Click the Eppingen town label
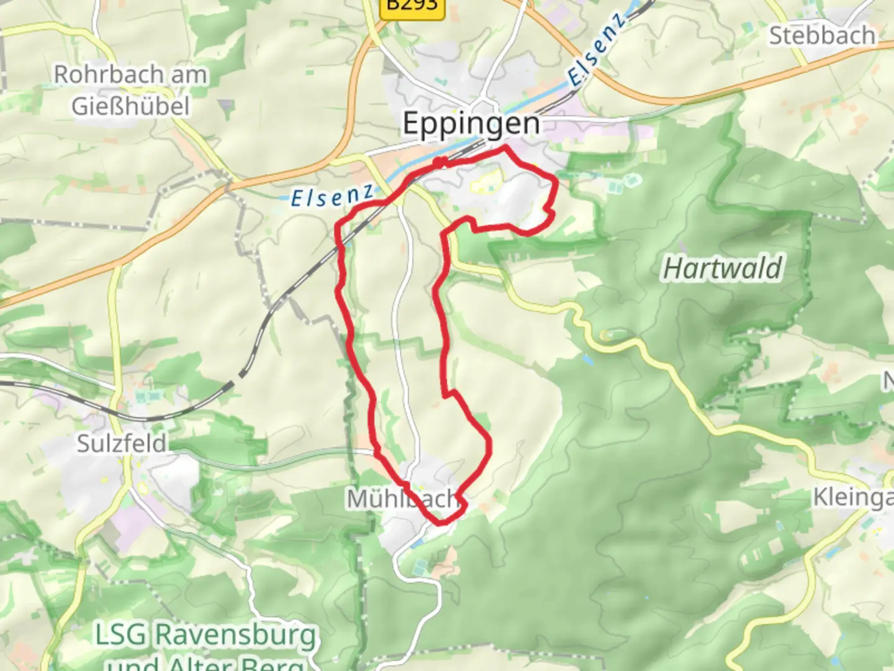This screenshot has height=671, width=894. (471, 123)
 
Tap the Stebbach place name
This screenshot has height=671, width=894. (822, 35)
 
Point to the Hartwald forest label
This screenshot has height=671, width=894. (723, 268)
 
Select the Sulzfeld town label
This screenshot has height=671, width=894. (122, 444)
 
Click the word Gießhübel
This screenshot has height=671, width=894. (130, 106)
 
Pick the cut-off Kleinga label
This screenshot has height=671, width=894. (853, 497)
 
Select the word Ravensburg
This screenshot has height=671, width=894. (235, 635)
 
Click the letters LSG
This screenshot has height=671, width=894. (120, 635)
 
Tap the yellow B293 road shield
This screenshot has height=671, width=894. (412, 6)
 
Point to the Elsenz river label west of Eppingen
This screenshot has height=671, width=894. (332, 197)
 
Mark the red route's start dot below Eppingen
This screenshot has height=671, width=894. (440, 163)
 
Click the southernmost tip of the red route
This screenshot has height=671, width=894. (442, 523)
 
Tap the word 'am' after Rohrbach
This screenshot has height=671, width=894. (189, 75)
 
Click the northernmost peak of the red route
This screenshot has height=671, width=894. (506, 147)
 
